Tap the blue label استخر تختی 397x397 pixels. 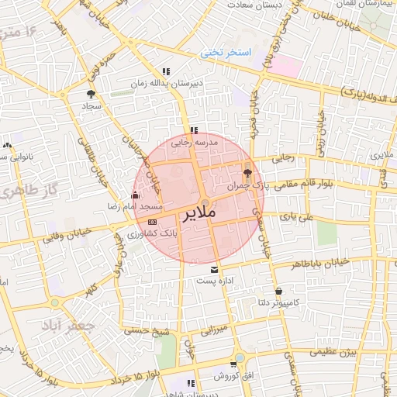click(x=226, y=53)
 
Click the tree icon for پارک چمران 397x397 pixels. click(x=247, y=173)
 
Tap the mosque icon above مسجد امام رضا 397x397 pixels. click(x=136, y=195)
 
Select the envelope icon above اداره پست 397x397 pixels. click(x=214, y=270)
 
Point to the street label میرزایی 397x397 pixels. click(x=217, y=331)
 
